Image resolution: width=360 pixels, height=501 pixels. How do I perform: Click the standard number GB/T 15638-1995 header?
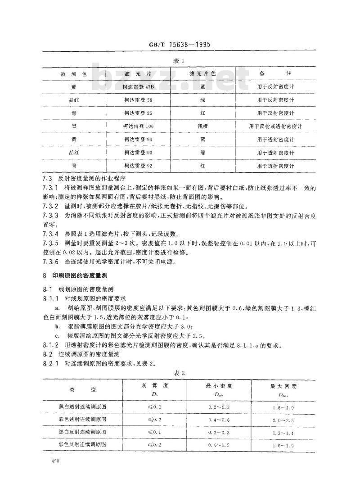pyautogui.click(x=180, y=45)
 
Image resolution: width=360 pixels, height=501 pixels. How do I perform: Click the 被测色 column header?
pyautogui.click(x=73, y=72)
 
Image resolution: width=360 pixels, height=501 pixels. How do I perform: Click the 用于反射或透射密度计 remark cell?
pyautogui.click(x=275, y=126)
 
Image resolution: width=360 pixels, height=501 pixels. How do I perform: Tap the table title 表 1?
pyautogui.click(x=180, y=60)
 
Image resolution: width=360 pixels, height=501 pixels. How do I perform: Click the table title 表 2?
pyautogui.click(x=180, y=373)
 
